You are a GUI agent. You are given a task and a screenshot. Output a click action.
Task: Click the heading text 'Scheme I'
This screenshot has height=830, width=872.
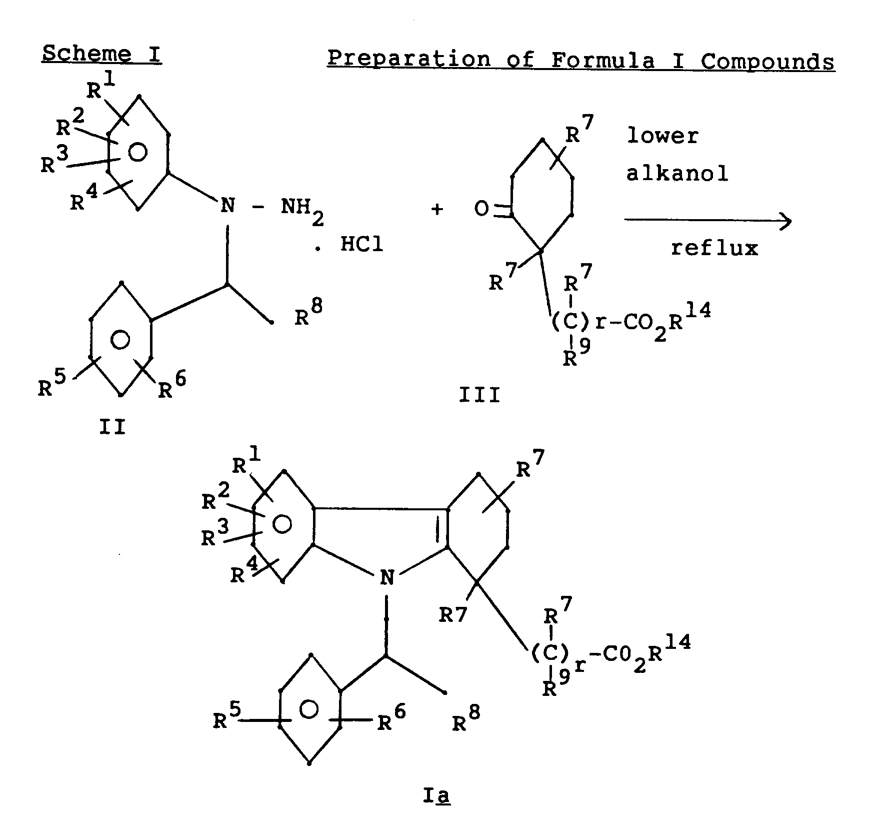101,54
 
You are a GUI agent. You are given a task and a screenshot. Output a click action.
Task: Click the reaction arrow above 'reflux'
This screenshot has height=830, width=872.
707,221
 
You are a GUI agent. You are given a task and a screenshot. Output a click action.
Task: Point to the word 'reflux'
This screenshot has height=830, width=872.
714,248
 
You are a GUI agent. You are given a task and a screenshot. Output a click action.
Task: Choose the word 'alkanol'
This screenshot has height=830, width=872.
677,174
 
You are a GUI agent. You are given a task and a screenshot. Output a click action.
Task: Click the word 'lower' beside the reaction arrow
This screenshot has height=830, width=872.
662,136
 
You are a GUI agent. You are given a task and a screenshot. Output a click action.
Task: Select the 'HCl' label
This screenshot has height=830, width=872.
361,244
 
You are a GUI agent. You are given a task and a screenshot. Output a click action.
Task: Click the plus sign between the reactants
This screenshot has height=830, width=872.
437,209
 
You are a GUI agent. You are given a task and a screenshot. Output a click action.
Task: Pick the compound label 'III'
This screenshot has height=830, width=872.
479,396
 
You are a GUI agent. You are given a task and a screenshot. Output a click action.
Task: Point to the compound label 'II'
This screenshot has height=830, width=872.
112,427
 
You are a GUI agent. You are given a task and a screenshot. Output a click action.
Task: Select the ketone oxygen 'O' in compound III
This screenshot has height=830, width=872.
481,209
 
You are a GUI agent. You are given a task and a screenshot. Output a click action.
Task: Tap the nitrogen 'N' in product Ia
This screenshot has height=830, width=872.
387,578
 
